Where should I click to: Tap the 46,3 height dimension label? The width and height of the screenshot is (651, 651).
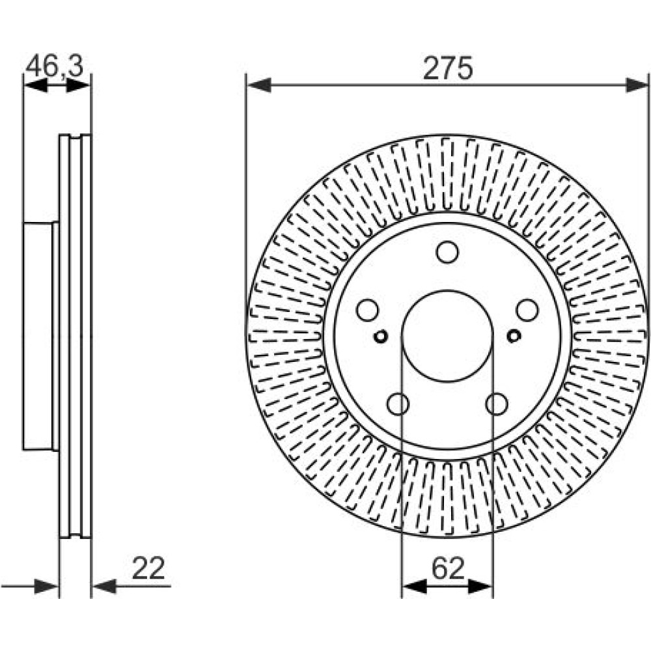pyautogui.click(x=55, y=66)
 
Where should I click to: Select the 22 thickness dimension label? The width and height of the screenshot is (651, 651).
pyautogui.click(x=148, y=568)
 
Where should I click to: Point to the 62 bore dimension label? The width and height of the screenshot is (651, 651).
pyautogui.click(x=448, y=568)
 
